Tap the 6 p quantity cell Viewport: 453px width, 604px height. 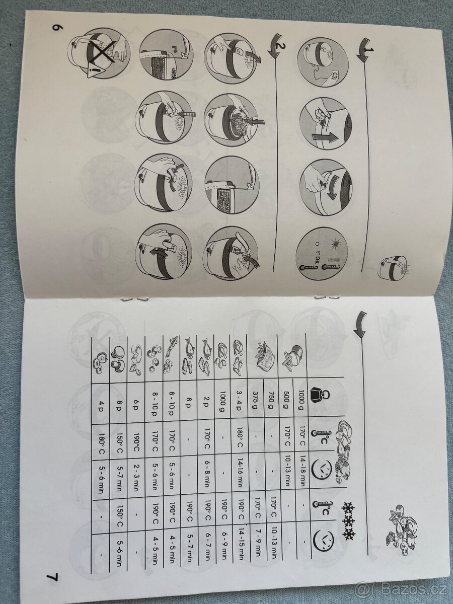click(135, 400)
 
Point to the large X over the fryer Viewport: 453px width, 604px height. click(102, 49)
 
